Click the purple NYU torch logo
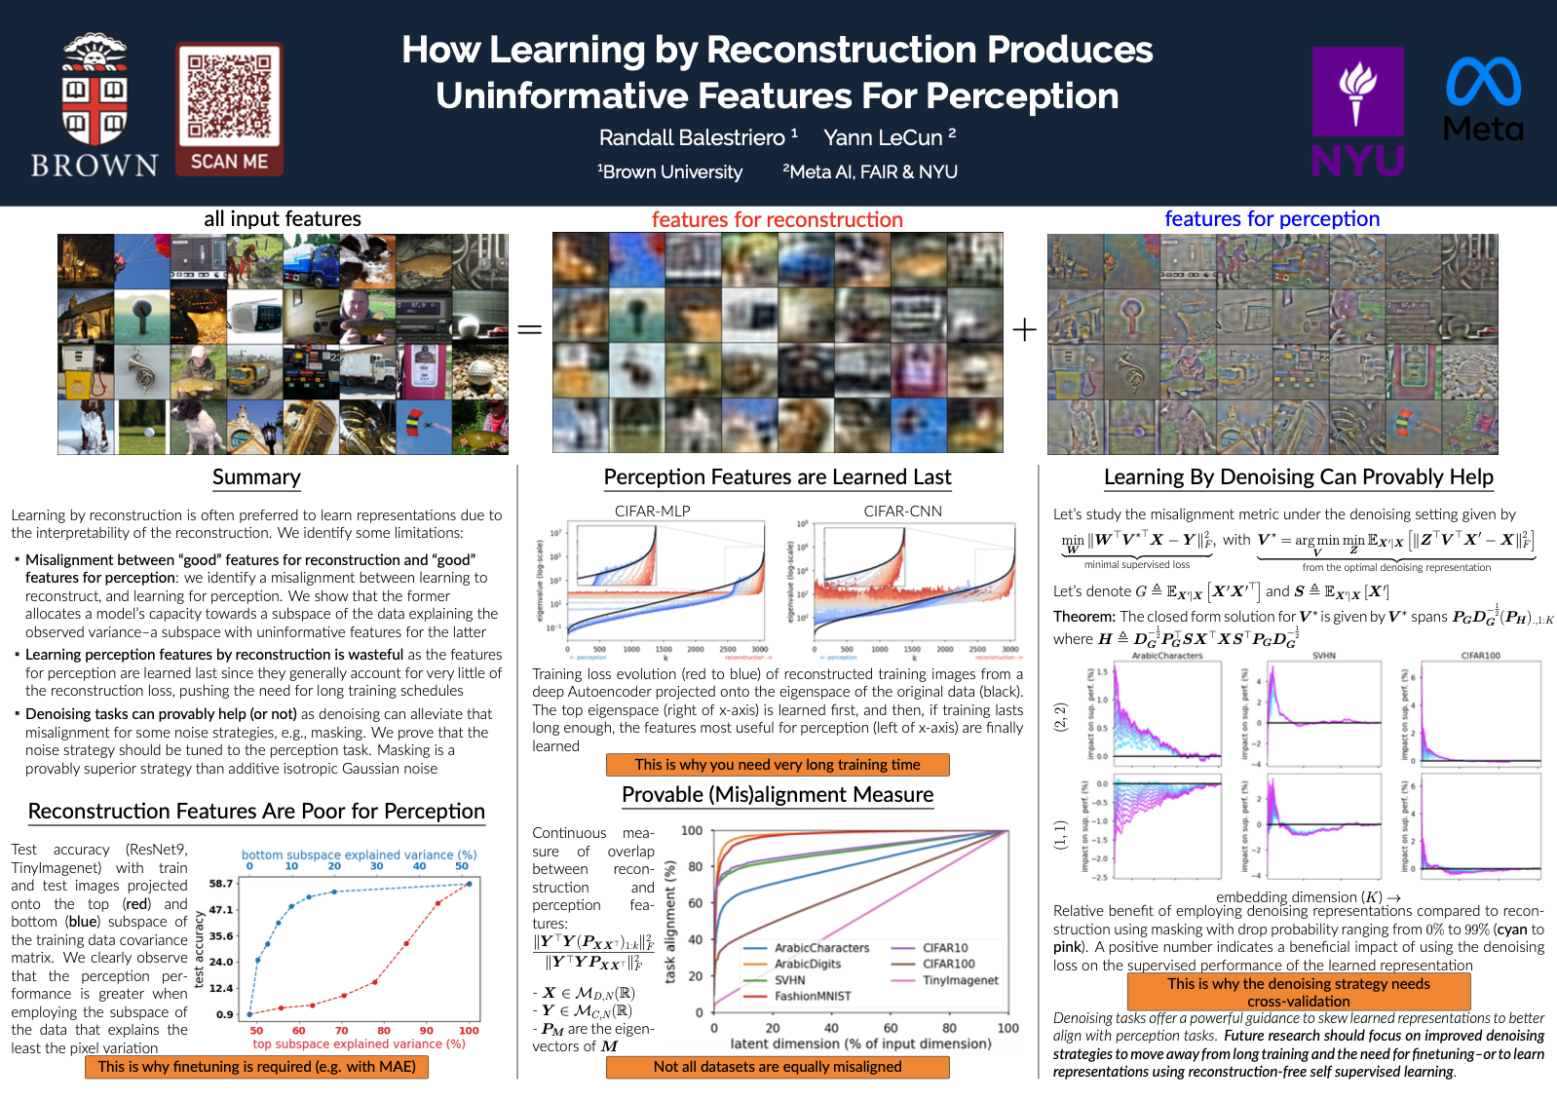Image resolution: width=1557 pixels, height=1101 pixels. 1357,92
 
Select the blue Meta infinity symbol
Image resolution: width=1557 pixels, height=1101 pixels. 1483,82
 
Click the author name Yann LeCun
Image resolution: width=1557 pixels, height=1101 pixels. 883,138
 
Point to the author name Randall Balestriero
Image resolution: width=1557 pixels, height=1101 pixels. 692,138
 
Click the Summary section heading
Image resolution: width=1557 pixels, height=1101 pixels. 256,477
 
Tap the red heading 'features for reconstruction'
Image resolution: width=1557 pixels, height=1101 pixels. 777,220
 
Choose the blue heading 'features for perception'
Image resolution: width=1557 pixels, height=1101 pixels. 1272,219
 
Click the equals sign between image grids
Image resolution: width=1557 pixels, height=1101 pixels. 529,330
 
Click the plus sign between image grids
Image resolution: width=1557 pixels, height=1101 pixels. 1024,330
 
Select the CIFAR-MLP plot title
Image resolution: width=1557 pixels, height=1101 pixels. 652,511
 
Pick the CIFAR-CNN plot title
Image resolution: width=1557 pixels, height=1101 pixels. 902,511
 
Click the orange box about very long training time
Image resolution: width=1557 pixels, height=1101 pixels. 778,765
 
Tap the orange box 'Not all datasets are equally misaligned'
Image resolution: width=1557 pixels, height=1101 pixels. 778,1067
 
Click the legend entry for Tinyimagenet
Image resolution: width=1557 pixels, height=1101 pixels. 960,980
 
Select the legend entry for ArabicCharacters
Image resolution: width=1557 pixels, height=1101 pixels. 821,948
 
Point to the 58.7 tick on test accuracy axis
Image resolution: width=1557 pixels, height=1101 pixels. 221,884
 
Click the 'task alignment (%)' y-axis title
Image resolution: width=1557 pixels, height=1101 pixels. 670,922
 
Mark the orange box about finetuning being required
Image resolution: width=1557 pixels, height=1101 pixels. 256,1067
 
